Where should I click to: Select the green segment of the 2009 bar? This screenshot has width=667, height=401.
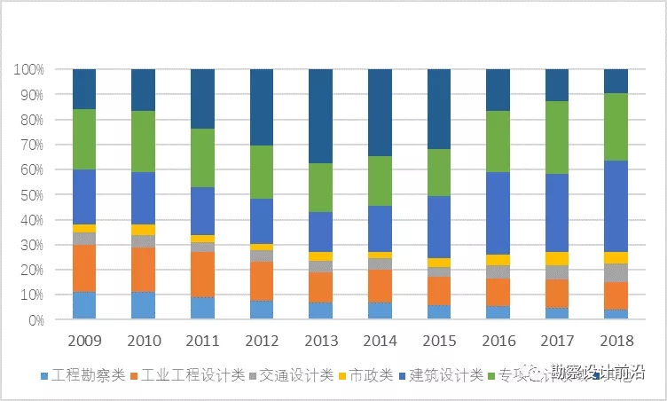coord(84,139)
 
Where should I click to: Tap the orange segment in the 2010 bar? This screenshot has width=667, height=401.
coord(143,269)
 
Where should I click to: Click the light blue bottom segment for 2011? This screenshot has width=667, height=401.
coord(202,308)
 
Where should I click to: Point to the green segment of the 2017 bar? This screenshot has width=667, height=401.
coord(557,138)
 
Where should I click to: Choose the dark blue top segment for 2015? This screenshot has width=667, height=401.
coord(439,109)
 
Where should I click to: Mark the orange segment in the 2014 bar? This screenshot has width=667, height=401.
coord(380,286)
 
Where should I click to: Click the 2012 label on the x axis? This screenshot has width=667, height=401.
coord(262,341)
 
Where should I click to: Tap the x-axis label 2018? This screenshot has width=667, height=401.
coord(616,341)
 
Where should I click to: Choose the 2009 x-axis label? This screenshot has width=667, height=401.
coord(84,341)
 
